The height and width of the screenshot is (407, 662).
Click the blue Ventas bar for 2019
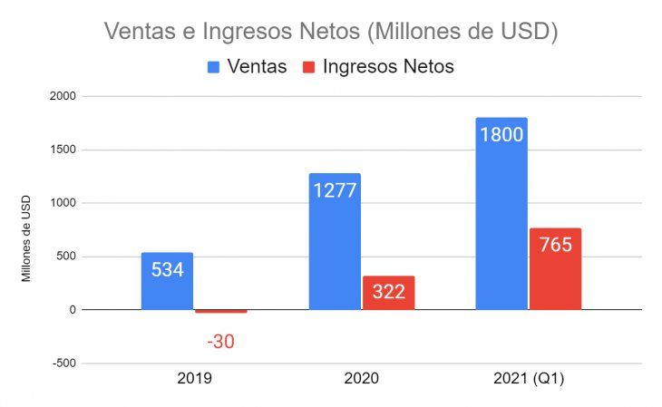pyautogui.click(x=167, y=292)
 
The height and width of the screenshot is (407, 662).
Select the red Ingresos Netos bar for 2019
pyautogui.click(x=220, y=311)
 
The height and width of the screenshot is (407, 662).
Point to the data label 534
pyautogui.click(x=167, y=269)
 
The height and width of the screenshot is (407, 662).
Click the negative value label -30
pyautogui.click(x=220, y=342)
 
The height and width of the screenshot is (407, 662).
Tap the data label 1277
pyautogui.click(x=335, y=190)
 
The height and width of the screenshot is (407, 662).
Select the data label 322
pyautogui.click(x=388, y=293)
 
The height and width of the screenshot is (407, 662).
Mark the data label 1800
pyautogui.click(x=501, y=134)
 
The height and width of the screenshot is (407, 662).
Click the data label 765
pyautogui.click(x=555, y=245)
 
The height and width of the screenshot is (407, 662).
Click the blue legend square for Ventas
pyautogui.click(x=214, y=66)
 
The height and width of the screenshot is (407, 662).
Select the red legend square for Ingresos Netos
pyautogui.click(x=309, y=66)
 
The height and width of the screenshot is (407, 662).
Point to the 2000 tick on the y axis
pyautogui.click(x=64, y=96)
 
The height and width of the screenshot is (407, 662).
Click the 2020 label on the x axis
pyautogui.click(x=362, y=379)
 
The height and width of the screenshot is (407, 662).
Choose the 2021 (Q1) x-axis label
pyautogui.click(x=529, y=379)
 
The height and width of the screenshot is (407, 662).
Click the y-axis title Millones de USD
pyautogui.click(x=26, y=237)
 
